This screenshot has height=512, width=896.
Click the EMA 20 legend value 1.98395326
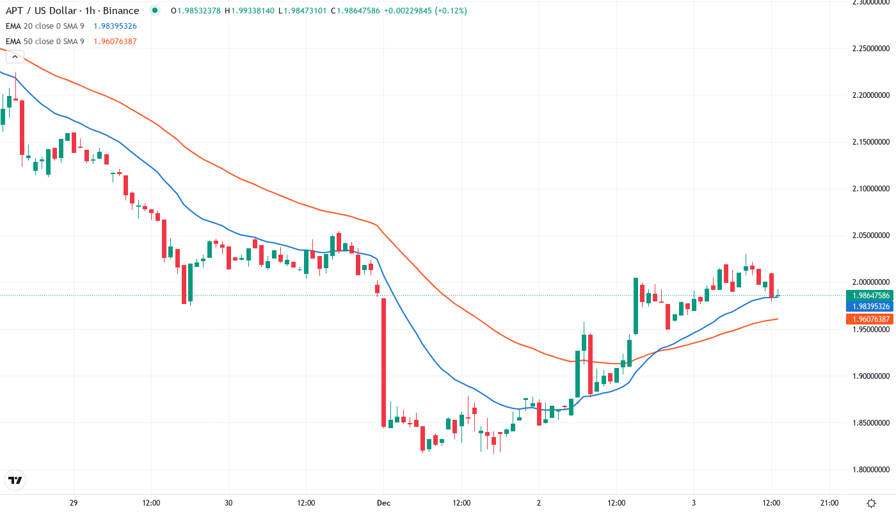[x=115, y=26]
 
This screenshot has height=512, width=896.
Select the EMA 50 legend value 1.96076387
[x=115, y=42]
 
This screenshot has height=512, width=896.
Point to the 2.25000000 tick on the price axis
[x=869, y=48]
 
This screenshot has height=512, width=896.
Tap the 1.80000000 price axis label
[x=869, y=470]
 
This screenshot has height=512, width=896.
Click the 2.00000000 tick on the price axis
[x=869, y=282]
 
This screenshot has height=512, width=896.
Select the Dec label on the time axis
[x=383, y=503]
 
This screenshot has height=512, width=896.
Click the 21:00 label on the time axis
[x=829, y=503]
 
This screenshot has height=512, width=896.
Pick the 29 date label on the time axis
[x=74, y=503]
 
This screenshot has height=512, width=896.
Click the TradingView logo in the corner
[x=15, y=480]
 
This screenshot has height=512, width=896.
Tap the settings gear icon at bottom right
[x=871, y=503]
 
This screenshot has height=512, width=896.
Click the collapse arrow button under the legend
[x=15, y=57]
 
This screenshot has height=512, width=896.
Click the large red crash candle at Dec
[x=384, y=362]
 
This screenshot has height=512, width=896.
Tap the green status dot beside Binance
[x=154, y=11]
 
